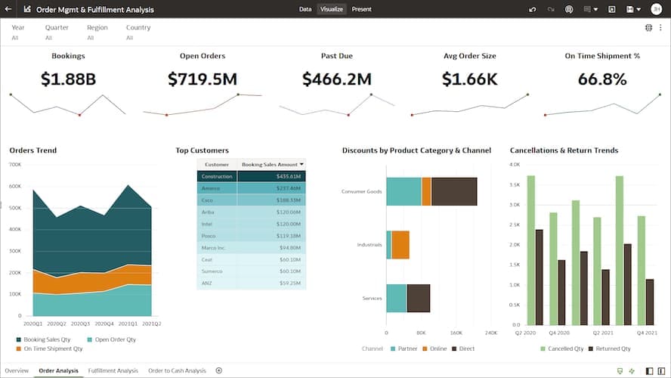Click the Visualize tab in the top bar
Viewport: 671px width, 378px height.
click(x=332, y=9)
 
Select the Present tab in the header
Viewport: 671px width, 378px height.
click(x=361, y=9)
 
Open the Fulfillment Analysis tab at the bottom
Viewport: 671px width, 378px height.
click(x=113, y=370)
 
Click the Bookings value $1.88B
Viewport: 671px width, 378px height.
click(x=68, y=79)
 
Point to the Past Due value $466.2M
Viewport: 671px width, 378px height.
click(x=336, y=79)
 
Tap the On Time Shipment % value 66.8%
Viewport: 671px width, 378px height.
click(x=602, y=79)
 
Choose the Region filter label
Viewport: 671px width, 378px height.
click(x=97, y=27)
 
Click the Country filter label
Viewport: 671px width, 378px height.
click(x=138, y=27)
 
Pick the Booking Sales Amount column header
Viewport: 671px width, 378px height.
click(x=270, y=164)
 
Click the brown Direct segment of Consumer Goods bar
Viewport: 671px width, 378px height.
click(x=454, y=191)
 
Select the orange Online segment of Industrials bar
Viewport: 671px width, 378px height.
click(x=400, y=245)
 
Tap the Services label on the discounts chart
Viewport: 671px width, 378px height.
click(x=373, y=299)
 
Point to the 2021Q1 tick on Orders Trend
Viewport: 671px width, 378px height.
click(x=128, y=324)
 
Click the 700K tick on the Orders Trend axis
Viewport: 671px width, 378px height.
click(x=15, y=164)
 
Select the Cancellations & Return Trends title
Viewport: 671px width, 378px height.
click(x=564, y=150)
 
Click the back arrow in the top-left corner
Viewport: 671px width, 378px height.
click(x=8, y=9)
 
